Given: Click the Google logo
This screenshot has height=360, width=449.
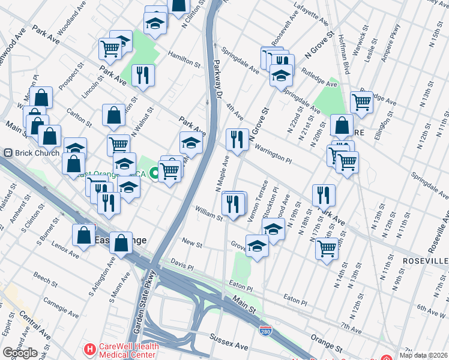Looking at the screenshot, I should point(20,352).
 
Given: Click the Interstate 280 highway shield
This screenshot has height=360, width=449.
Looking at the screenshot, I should point(265,331).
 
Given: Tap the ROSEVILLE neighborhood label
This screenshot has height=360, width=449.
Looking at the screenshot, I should point(425,262).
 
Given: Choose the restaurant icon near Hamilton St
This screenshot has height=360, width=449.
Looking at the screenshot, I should point(143,74).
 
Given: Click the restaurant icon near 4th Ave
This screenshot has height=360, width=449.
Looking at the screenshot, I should point(237,139).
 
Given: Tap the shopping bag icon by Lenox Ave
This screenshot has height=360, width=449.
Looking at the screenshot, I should point(83,235).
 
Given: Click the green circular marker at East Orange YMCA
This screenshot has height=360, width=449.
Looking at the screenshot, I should point(154,174).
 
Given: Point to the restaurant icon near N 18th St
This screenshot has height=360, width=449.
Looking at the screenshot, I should point(324,194).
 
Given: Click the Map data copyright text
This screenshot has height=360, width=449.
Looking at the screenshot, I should point(424,355).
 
